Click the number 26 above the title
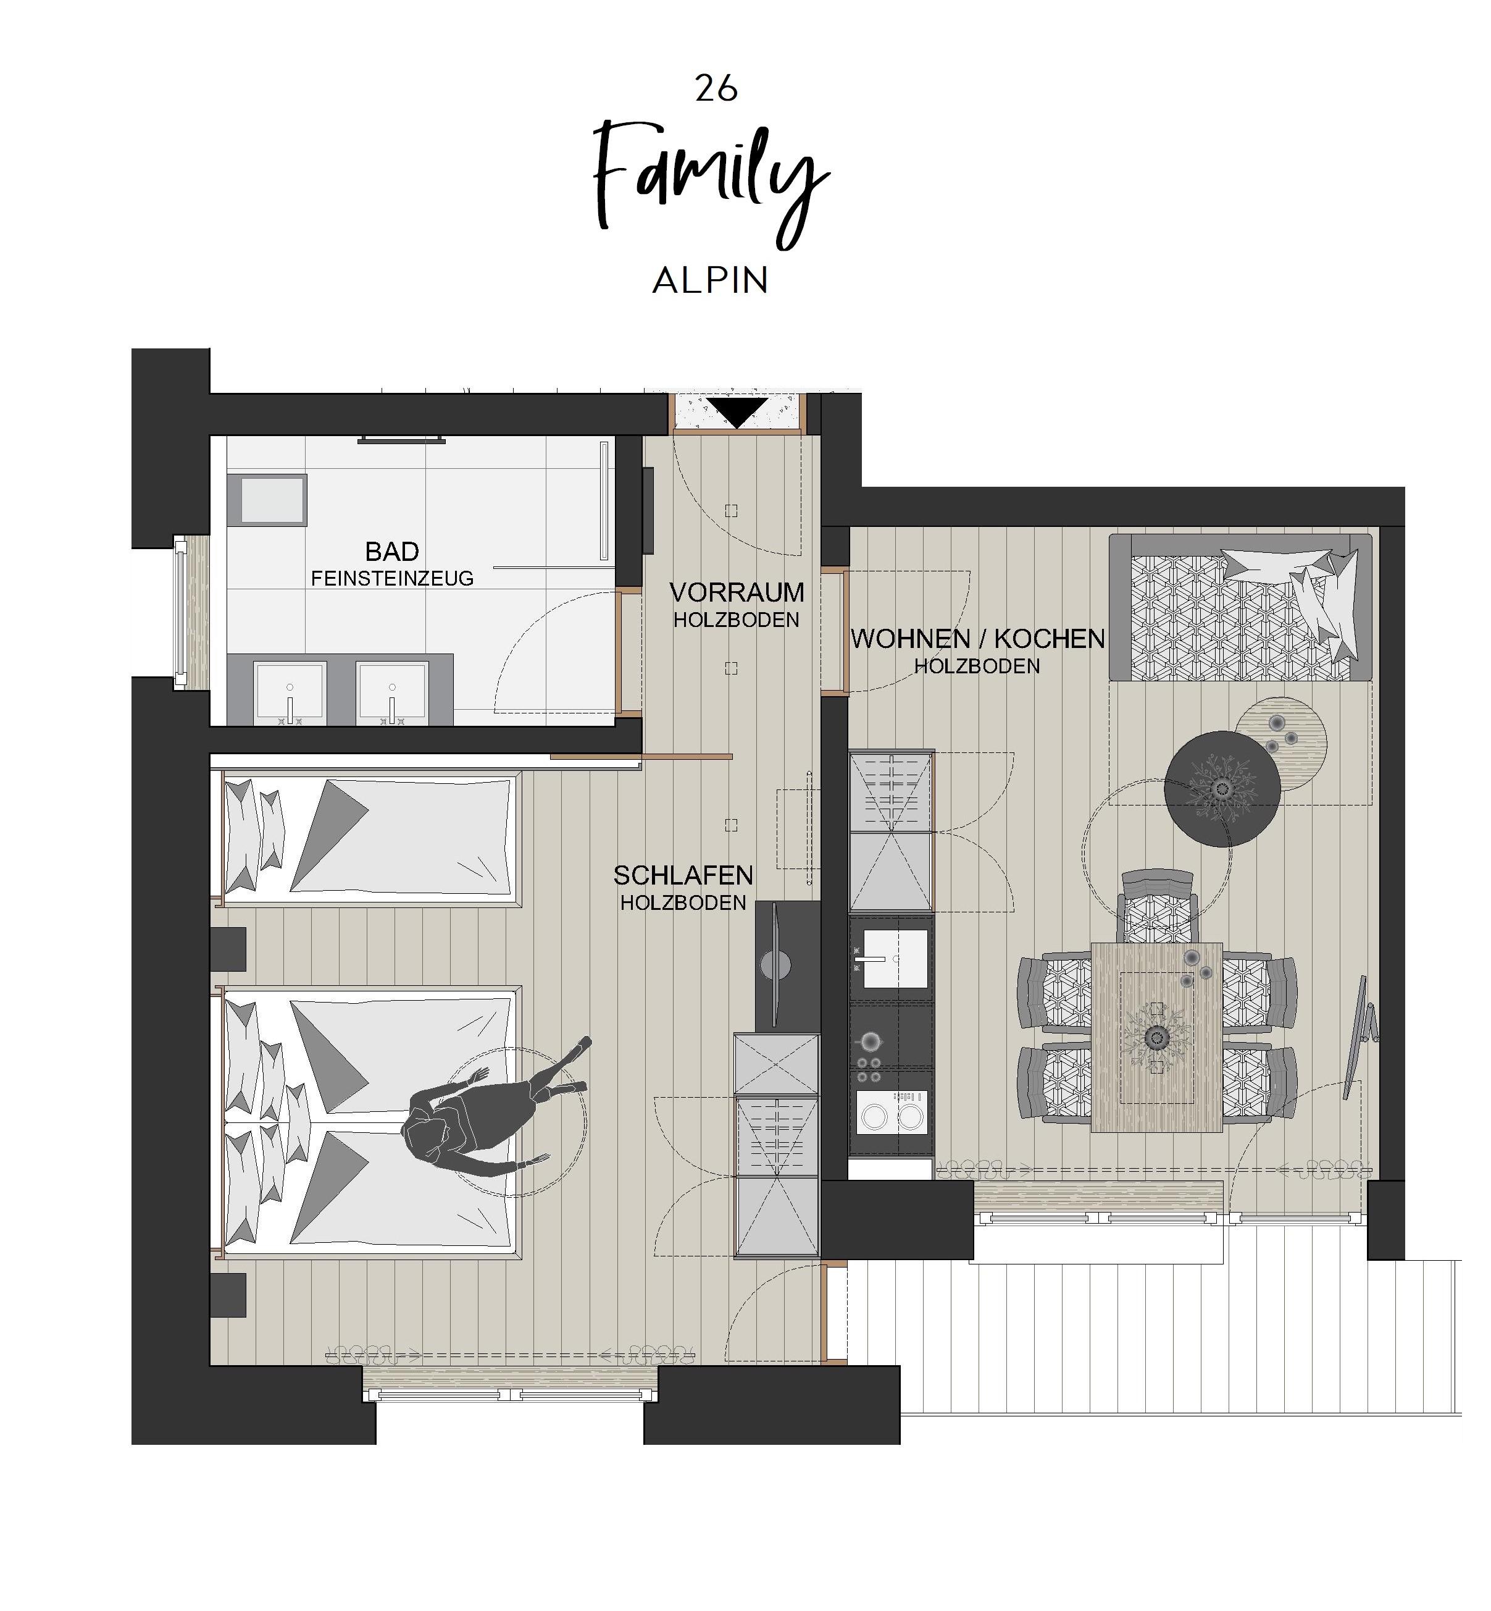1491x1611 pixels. tap(716, 88)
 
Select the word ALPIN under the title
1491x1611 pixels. tap(710, 281)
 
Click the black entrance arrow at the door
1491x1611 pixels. tap(737, 413)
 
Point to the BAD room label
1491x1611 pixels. tap(392, 552)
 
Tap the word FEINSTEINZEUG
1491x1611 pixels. tap(392, 579)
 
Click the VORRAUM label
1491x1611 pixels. tap(737, 592)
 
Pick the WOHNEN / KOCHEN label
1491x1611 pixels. tap(978, 639)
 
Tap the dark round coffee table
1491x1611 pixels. tap(1222, 789)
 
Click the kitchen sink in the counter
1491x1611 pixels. tap(893, 959)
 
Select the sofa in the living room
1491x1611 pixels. tap(1240, 607)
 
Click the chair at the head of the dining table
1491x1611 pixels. tap(1157, 906)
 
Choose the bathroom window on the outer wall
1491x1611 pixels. tap(182, 613)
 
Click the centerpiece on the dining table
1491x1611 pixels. tap(1157, 1037)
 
